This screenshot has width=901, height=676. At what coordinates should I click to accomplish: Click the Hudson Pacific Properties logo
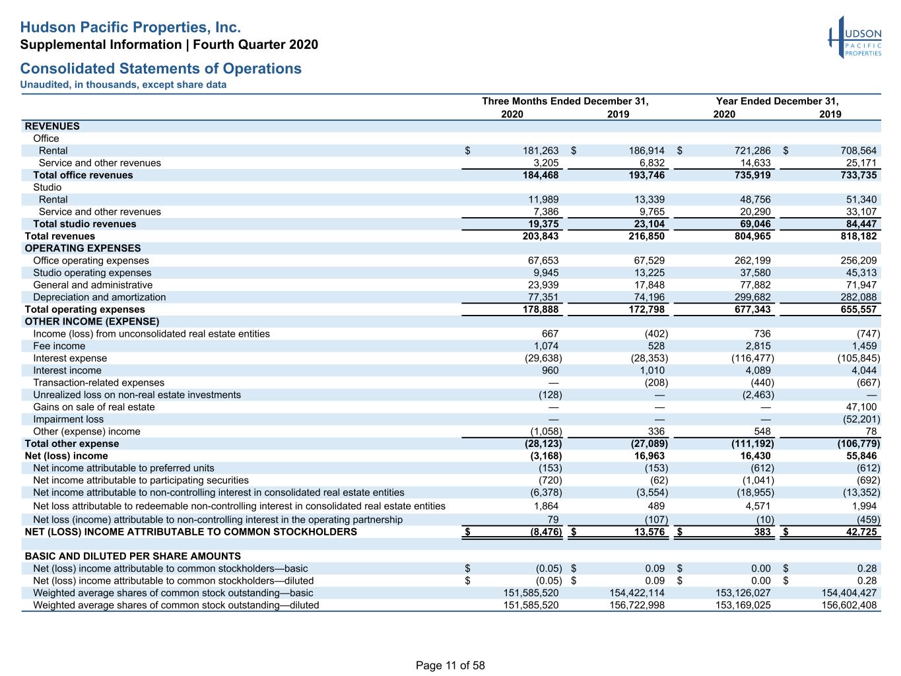click(x=855, y=38)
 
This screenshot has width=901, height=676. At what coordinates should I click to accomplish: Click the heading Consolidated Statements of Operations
click(x=161, y=68)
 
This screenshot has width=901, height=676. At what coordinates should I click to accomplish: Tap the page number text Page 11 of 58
click(x=450, y=665)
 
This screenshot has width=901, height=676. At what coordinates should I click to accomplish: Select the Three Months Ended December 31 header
click(x=565, y=101)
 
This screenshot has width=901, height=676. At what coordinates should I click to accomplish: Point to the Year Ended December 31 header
click(x=777, y=101)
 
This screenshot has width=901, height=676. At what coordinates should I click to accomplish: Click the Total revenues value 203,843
click(x=540, y=236)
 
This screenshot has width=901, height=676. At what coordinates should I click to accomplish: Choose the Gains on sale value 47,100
click(x=861, y=407)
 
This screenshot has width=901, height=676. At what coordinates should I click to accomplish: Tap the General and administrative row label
click(x=93, y=285)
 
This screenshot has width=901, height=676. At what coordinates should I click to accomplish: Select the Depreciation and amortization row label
click(x=99, y=297)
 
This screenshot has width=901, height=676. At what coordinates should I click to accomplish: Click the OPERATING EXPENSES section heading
click(x=83, y=248)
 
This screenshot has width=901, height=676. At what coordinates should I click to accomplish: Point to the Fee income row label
click(x=59, y=346)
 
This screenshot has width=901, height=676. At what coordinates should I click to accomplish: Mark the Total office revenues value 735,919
click(x=752, y=175)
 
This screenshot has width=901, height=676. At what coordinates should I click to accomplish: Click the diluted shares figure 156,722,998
click(x=637, y=605)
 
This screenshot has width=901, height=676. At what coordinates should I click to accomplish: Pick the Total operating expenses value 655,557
click(x=858, y=310)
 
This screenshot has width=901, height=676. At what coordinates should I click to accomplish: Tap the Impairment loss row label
click(x=68, y=419)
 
